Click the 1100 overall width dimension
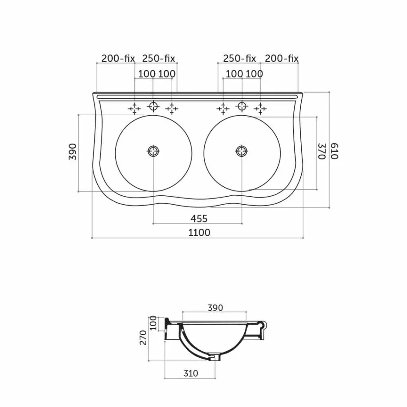pyautogui.click(x=199, y=233)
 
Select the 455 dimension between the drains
pyautogui.click(x=199, y=218)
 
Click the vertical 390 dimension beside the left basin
pyautogui.click(x=72, y=152)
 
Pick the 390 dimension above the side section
pyautogui.click(x=215, y=308)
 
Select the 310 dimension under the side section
pyautogui.click(x=190, y=373)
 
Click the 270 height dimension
pyautogui.click(x=143, y=337)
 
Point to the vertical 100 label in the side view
pyautogui.click(x=153, y=323)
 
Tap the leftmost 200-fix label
pyautogui.click(x=118, y=58)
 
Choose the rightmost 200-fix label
pyautogui.click(x=281, y=58)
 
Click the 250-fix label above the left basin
pyautogui.click(x=159, y=58)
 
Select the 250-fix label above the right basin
pyautogui.click(x=239, y=58)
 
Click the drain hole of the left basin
pyautogui.click(x=153, y=151)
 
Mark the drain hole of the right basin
pyautogui.click(x=242, y=151)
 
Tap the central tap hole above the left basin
pyautogui.click(x=153, y=106)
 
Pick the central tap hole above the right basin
pyautogui.click(x=242, y=106)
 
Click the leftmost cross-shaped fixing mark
pyautogui.click(x=135, y=109)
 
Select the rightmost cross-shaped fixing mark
pyautogui.click(x=260, y=109)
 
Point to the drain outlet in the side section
pyautogui.click(x=213, y=356)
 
